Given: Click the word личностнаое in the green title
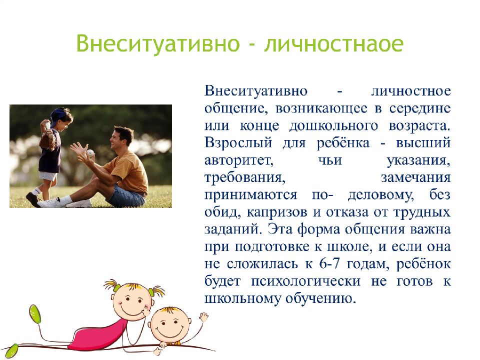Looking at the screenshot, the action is coord(333,44).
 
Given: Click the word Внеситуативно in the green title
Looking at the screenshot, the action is coord(157,43).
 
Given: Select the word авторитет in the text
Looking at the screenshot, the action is coord(239,160).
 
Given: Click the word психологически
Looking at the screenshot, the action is coord(306,281).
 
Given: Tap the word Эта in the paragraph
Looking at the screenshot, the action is coord(280,229).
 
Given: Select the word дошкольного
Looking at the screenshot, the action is coord(334,126).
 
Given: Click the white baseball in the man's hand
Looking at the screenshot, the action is coord(90,152).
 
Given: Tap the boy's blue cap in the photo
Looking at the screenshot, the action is coord(59,116).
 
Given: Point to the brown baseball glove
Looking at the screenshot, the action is coord(48,140).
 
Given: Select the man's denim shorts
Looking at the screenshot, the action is coord(126,196).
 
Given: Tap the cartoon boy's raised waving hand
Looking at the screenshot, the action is coord(203,316).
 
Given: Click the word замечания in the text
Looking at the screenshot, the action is coord(415,178).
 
